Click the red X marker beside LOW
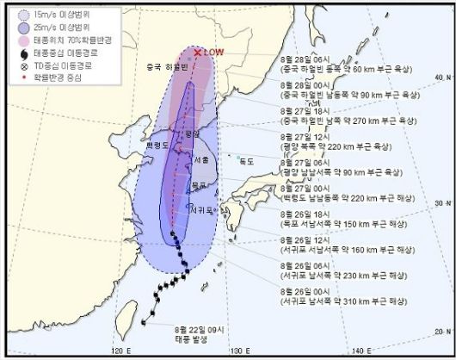(198, 53)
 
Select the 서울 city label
(200, 158)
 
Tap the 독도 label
(248, 160)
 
